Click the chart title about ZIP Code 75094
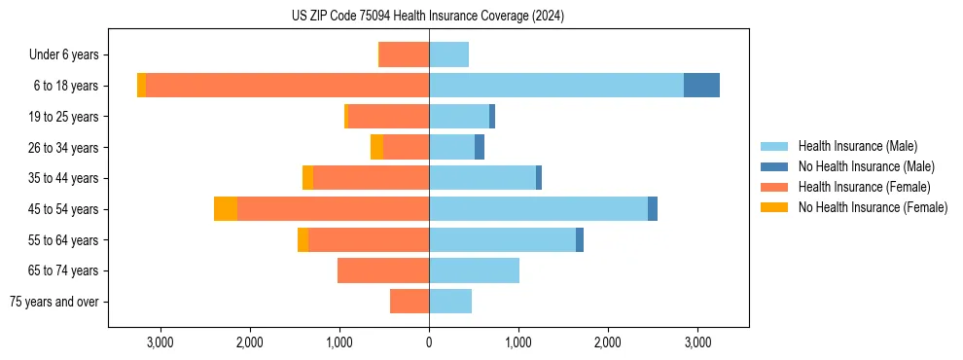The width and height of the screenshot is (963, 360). point(428,17)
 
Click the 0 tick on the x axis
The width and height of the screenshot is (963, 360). point(429,342)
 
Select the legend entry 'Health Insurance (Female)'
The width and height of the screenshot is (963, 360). point(864,187)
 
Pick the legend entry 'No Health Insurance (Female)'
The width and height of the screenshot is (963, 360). point(873,207)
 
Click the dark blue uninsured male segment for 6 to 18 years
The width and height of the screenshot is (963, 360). point(701,86)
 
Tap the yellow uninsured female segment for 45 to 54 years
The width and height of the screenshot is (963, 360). point(226,209)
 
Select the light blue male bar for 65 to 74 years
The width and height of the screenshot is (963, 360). point(474,270)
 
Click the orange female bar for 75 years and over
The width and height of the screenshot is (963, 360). point(410,302)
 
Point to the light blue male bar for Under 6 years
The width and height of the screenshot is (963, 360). point(448,54)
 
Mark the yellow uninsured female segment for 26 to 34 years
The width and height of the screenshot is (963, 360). point(376,147)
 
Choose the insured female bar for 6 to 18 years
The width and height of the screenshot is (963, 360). point(287,86)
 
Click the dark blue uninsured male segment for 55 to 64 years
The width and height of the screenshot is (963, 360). point(580,239)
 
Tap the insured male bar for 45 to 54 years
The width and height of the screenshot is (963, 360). point(538,209)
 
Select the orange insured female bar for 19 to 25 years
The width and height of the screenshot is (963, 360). point(388,117)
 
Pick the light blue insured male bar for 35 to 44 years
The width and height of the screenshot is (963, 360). point(482,178)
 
